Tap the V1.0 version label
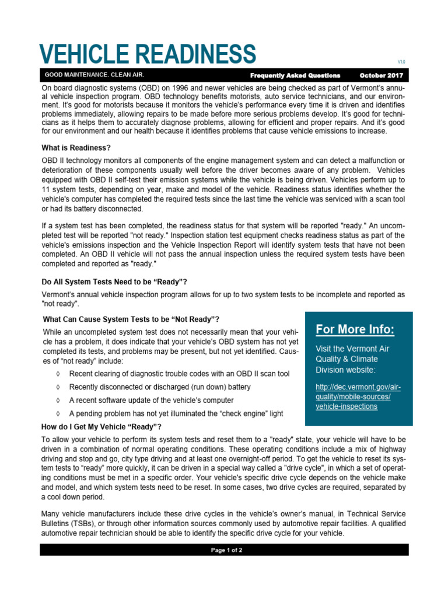pyautogui.click(x=401, y=61)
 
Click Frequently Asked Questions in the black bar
pyautogui.click(x=295, y=75)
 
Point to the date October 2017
pyautogui.click(x=381, y=75)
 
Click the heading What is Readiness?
pyautogui.click(x=76, y=147)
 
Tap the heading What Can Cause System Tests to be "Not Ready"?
pyautogui.click(x=131, y=319)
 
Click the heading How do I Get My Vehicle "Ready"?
pyautogui.click(x=101, y=426)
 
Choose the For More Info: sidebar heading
pyautogui.click(x=355, y=330)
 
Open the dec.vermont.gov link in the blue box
pyautogui.click(x=358, y=397)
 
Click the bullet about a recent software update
pyautogui.click(x=151, y=400)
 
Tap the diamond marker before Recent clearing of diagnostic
pyautogui.click(x=57, y=373)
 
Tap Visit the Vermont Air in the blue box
pyautogui.click(x=352, y=349)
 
